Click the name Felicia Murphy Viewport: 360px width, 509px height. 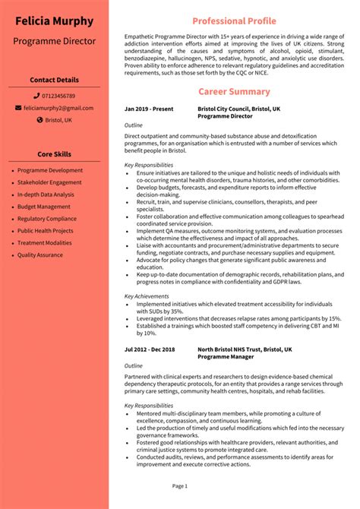(54, 21)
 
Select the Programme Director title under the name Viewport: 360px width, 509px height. (54, 40)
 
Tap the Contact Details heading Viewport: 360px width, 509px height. (54, 80)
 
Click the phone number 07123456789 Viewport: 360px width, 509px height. (58, 96)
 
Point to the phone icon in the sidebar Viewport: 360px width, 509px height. (36, 96)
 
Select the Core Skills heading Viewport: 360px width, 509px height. (54, 155)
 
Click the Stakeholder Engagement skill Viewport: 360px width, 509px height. (49, 182)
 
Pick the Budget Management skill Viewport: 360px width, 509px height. (43, 207)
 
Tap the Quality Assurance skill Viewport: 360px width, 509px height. (41, 254)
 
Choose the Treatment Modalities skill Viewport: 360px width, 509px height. (45, 242)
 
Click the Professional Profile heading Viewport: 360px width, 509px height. (233, 21)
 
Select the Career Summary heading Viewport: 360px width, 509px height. (233, 92)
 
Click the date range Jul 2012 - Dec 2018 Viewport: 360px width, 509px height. (150, 349)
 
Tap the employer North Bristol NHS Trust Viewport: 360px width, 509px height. (243, 349)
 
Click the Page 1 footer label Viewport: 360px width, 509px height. (179, 485)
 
